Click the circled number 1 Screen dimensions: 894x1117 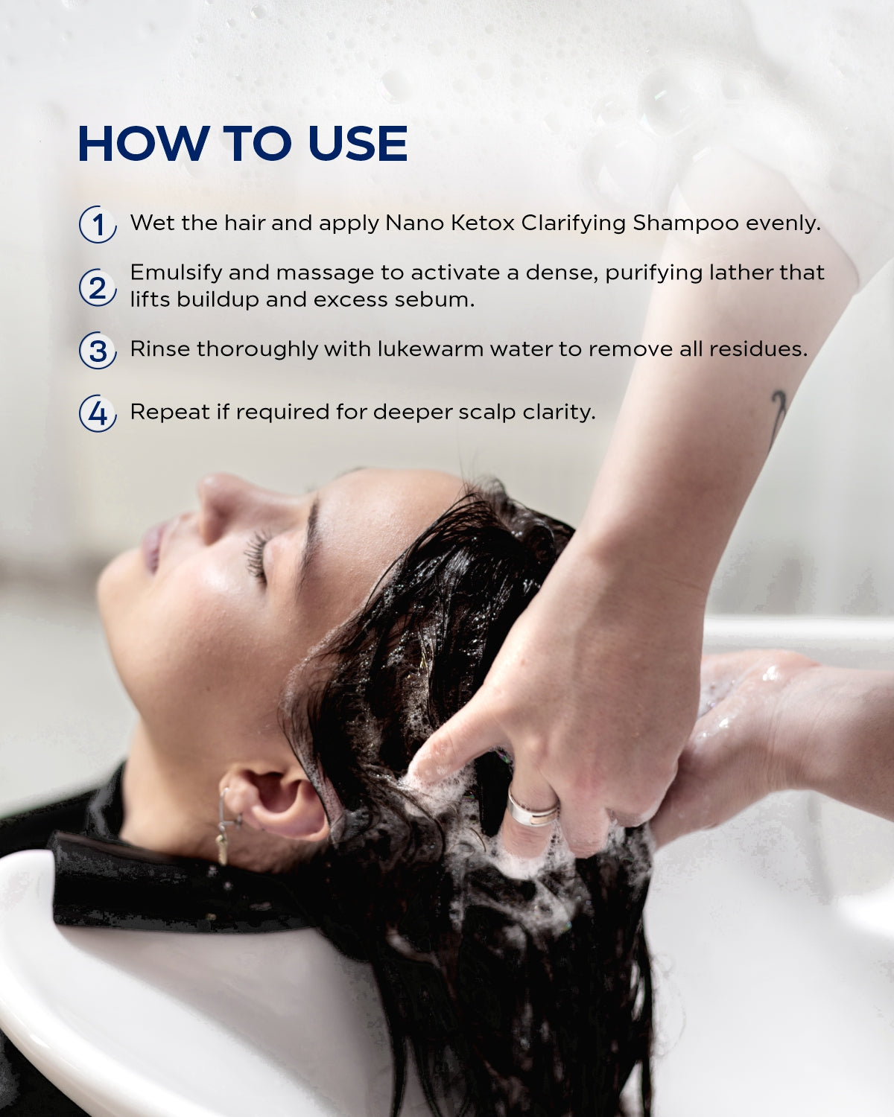[x=98, y=225]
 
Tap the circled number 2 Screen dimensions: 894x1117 [x=98, y=287]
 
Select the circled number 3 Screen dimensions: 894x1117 [x=98, y=350]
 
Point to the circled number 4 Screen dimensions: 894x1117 [x=98, y=413]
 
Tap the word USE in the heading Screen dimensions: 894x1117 [x=358, y=143]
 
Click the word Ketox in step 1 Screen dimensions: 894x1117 [x=483, y=223]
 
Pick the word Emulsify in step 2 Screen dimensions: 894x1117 [x=176, y=274]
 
